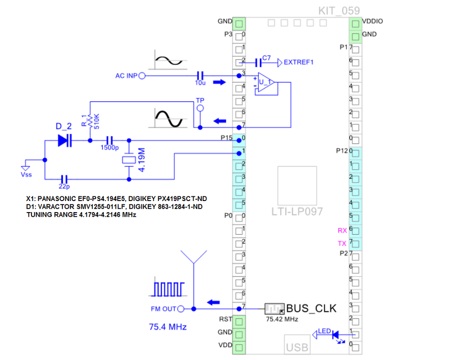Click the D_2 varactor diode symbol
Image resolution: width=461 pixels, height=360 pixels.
click(x=65, y=140)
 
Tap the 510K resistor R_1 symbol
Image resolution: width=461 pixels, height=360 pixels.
click(x=90, y=121)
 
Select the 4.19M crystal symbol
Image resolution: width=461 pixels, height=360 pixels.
click(x=129, y=160)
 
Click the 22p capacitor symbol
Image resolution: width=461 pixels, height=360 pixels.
click(x=64, y=179)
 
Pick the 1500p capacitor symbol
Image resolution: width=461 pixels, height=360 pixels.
click(x=109, y=140)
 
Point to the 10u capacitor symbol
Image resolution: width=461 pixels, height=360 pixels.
click(x=200, y=76)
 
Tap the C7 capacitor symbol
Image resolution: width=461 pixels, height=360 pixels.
click(x=258, y=62)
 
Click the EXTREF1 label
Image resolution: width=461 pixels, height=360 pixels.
click(x=298, y=62)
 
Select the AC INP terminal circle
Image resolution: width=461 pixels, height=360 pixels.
click(x=142, y=76)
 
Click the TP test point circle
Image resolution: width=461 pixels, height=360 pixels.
click(x=200, y=108)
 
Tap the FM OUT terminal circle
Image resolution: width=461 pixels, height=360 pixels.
click(x=181, y=309)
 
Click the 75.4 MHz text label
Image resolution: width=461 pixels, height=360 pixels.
click(x=168, y=327)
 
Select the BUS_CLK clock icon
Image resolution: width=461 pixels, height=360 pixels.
click(x=274, y=309)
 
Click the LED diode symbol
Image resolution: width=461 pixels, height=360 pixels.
click(x=335, y=335)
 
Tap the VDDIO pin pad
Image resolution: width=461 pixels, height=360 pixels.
click(x=356, y=24)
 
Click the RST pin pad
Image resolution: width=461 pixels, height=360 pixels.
click(x=239, y=322)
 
